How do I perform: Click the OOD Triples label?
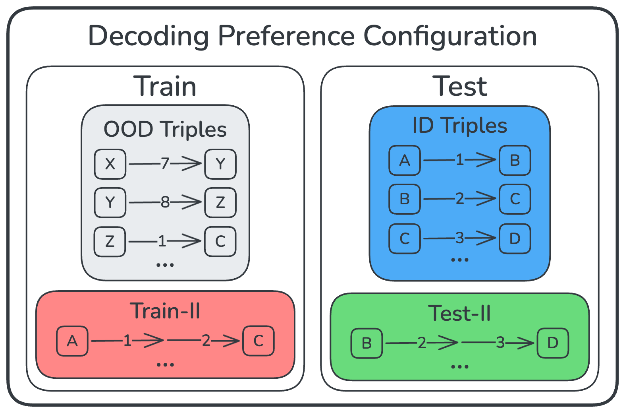tap(165, 129)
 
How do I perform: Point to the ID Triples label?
tap(459, 125)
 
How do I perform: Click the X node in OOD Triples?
tap(110, 164)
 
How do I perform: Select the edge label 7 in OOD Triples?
tap(165, 163)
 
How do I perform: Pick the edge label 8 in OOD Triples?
tap(165, 202)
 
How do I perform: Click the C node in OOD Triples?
tap(220, 242)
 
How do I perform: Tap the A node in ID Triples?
tap(405, 160)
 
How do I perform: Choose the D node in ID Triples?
tap(515, 238)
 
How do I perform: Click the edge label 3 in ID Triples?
tap(459, 238)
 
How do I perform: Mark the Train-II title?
tap(165, 311)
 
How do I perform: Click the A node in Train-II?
tap(72, 341)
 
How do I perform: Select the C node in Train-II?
tap(258, 341)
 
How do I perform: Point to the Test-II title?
tap(459, 313)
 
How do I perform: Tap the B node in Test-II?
tap(367, 343)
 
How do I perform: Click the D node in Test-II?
tap(553, 343)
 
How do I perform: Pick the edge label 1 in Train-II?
tap(127, 340)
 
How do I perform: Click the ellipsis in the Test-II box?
tap(459, 366)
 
